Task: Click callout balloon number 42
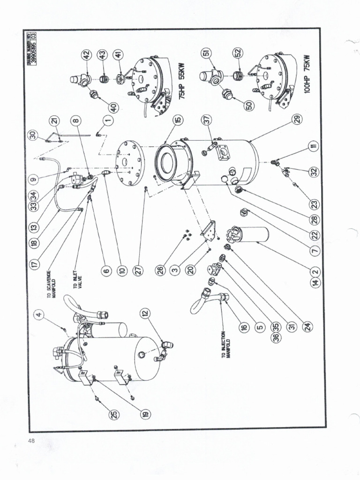pyautogui.click(x=85, y=55)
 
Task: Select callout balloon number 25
pyautogui.click(x=114, y=413)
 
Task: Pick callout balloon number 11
pyautogui.click(x=313, y=147)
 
